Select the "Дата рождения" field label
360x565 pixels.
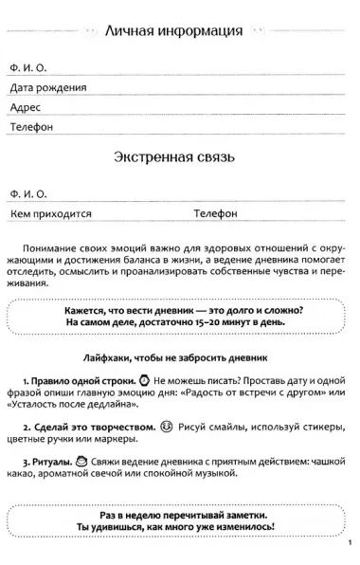pos(47,87)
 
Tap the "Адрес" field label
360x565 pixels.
pos(27,106)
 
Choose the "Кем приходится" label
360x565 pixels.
pos(51,213)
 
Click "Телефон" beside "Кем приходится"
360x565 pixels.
pos(215,213)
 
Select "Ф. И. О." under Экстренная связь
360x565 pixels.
pos(27,193)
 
